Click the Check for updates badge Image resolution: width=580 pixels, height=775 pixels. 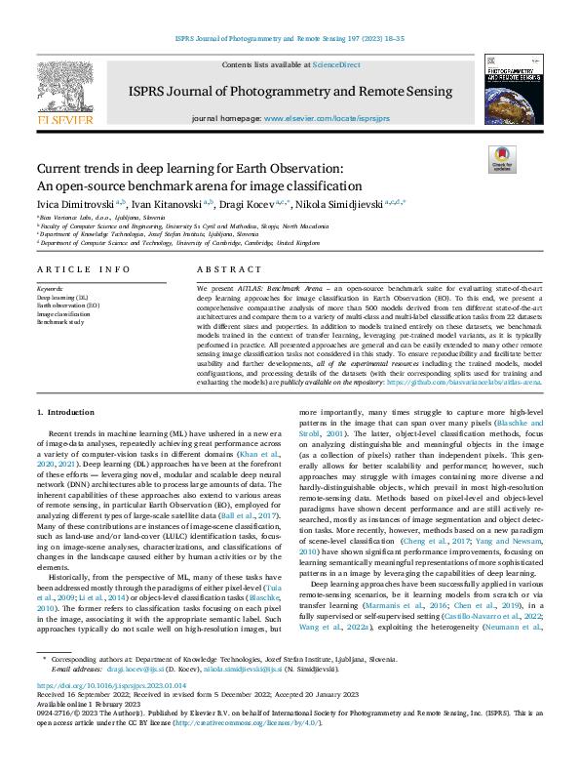pyautogui.click(x=501, y=160)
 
